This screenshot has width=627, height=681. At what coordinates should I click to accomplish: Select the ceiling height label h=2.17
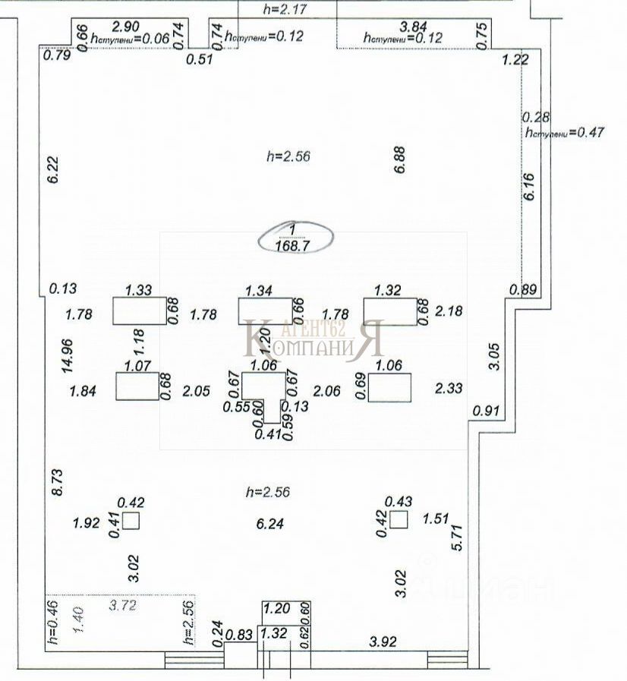(288, 9)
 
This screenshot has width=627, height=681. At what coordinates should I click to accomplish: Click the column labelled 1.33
(139, 311)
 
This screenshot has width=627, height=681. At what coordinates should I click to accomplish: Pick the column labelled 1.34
(264, 311)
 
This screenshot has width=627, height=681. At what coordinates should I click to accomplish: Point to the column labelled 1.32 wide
(389, 311)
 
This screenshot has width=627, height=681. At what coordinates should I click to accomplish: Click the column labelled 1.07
(137, 386)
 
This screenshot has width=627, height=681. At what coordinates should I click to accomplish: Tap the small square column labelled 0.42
(131, 521)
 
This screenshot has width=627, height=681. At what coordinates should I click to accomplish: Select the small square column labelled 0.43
(399, 520)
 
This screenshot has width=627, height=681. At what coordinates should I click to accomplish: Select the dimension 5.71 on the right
(456, 536)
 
